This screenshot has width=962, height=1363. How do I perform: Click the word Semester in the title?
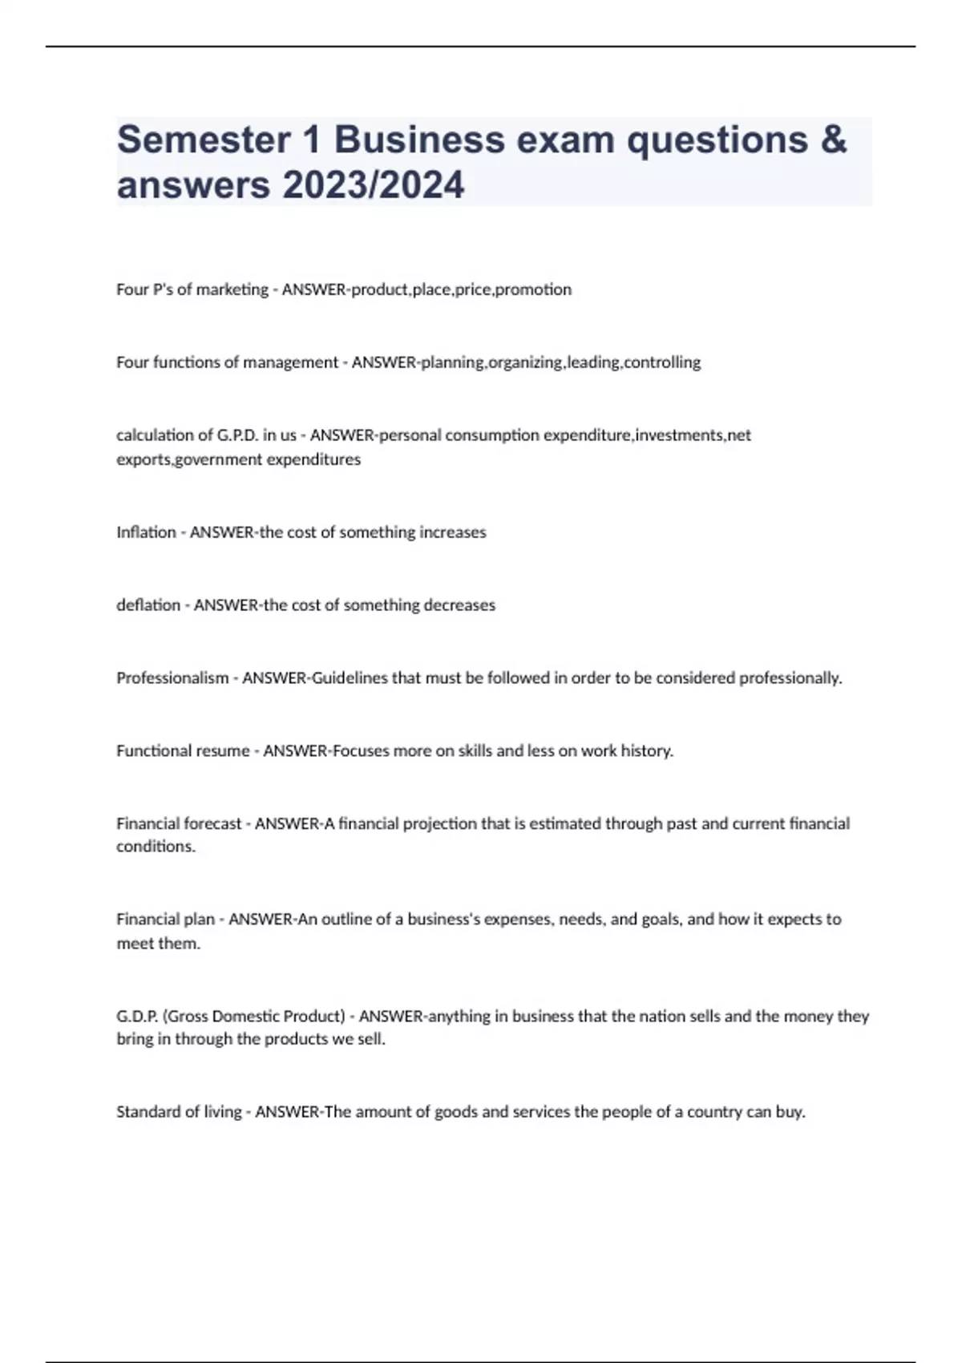(204, 140)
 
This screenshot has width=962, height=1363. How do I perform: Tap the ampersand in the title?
(834, 140)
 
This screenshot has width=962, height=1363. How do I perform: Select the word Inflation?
(146, 532)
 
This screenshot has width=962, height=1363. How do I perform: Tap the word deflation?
(148, 605)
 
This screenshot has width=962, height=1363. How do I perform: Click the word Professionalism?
(172, 678)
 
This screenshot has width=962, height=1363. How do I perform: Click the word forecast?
(212, 823)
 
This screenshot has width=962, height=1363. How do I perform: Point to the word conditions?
(156, 847)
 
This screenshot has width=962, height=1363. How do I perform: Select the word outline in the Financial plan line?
(346, 920)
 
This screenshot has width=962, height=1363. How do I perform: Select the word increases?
(453, 532)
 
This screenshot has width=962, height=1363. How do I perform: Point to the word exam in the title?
(564, 140)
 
